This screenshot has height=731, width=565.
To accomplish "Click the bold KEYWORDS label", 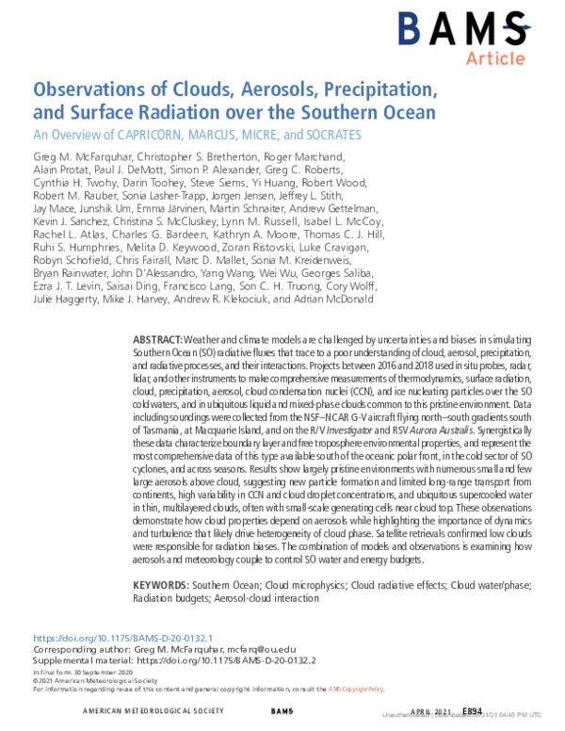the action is click(160, 584).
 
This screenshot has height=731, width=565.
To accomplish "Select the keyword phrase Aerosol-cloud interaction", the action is click(289, 596).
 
